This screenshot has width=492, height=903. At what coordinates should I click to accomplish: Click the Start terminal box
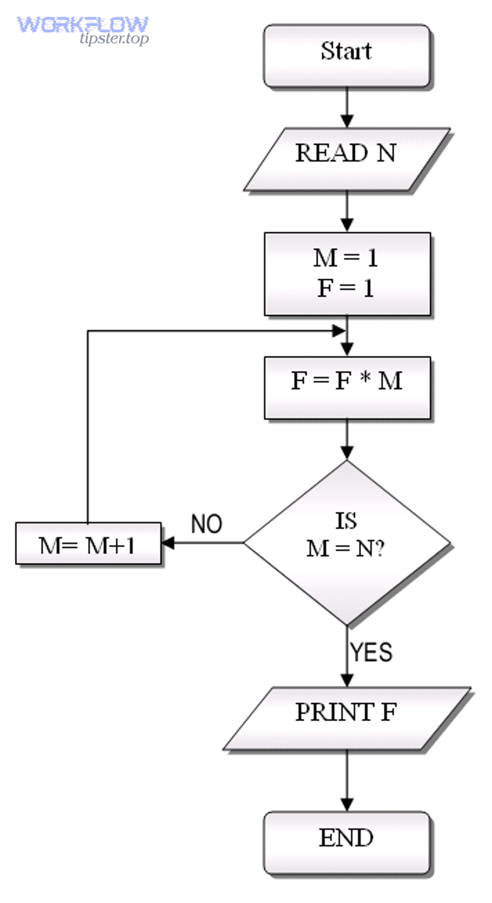click(347, 55)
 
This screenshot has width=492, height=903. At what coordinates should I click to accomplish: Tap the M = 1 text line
click(345, 257)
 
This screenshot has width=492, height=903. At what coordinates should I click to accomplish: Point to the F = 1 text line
click(345, 288)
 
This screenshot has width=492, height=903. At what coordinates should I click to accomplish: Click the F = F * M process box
click(347, 387)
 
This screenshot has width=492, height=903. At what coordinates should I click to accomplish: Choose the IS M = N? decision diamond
click(347, 542)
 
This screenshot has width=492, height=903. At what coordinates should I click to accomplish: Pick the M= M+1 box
click(88, 544)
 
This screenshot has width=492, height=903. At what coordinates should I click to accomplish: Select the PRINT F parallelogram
click(346, 717)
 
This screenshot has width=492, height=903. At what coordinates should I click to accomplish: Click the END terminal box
click(347, 842)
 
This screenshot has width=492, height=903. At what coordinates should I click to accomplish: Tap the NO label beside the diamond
click(206, 524)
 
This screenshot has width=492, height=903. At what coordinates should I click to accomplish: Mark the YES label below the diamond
click(371, 652)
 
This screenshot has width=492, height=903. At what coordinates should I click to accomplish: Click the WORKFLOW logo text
click(82, 25)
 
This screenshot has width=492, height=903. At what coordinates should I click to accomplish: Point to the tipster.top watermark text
click(114, 39)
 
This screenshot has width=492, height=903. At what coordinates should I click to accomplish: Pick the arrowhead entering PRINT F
click(347, 680)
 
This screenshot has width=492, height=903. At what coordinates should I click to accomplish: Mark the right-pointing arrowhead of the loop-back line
click(339, 330)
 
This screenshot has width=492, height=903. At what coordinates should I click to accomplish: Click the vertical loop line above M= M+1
click(87, 426)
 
